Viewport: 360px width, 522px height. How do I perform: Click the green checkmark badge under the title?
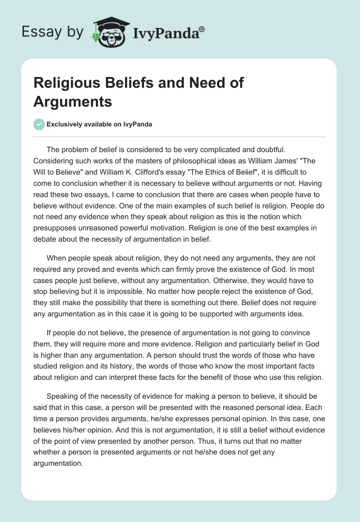pos(39,124)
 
